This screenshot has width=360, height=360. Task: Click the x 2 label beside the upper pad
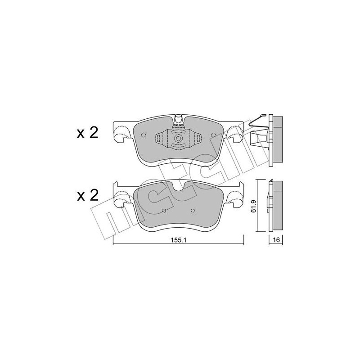point(87,133)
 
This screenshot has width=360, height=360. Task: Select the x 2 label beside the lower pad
point(87,195)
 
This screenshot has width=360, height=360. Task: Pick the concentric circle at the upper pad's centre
point(178,139)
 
